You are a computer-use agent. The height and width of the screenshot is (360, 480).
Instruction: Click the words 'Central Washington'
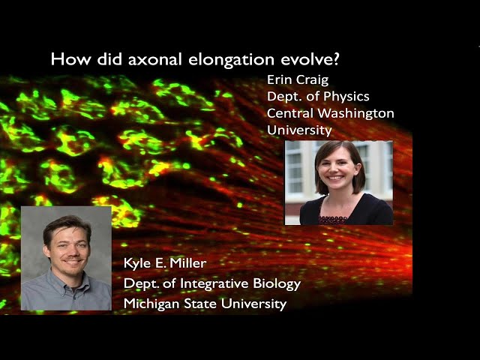coord(330,113)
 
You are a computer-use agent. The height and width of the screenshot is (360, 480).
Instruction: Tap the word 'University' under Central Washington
coord(299,130)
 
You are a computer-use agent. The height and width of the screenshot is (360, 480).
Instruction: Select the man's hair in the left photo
coord(66,223)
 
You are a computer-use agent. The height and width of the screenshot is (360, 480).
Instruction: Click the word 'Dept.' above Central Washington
coord(283,96)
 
